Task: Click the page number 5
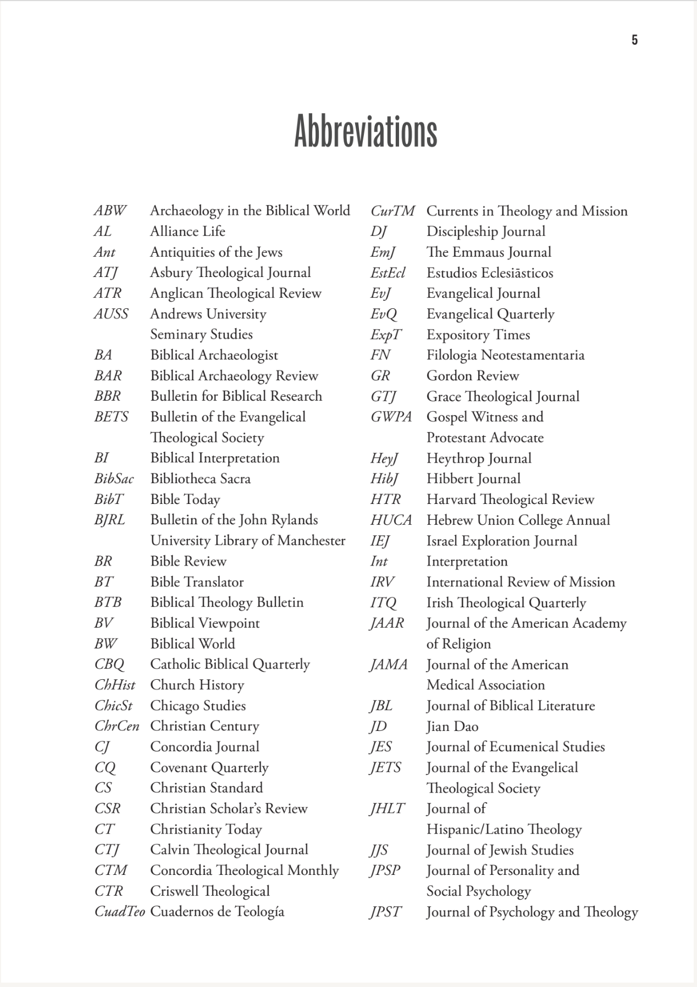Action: (634, 40)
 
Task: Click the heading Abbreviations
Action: (366, 131)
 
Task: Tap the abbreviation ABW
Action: (110, 211)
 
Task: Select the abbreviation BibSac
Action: (114, 479)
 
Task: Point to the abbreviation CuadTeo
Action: (119, 912)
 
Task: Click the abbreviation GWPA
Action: (391, 417)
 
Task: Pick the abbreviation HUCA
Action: (391, 520)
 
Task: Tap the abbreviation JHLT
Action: (388, 808)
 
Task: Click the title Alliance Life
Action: (187, 231)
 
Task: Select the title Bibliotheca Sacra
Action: (201, 479)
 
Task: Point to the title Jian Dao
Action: (452, 727)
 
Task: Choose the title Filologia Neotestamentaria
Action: (505, 355)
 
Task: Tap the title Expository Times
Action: (478, 335)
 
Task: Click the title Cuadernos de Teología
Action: (217, 912)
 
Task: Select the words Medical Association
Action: (485, 685)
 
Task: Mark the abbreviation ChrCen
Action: (117, 726)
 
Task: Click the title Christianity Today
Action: (206, 829)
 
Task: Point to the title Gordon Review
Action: (473, 376)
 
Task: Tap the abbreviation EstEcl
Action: (388, 273)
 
